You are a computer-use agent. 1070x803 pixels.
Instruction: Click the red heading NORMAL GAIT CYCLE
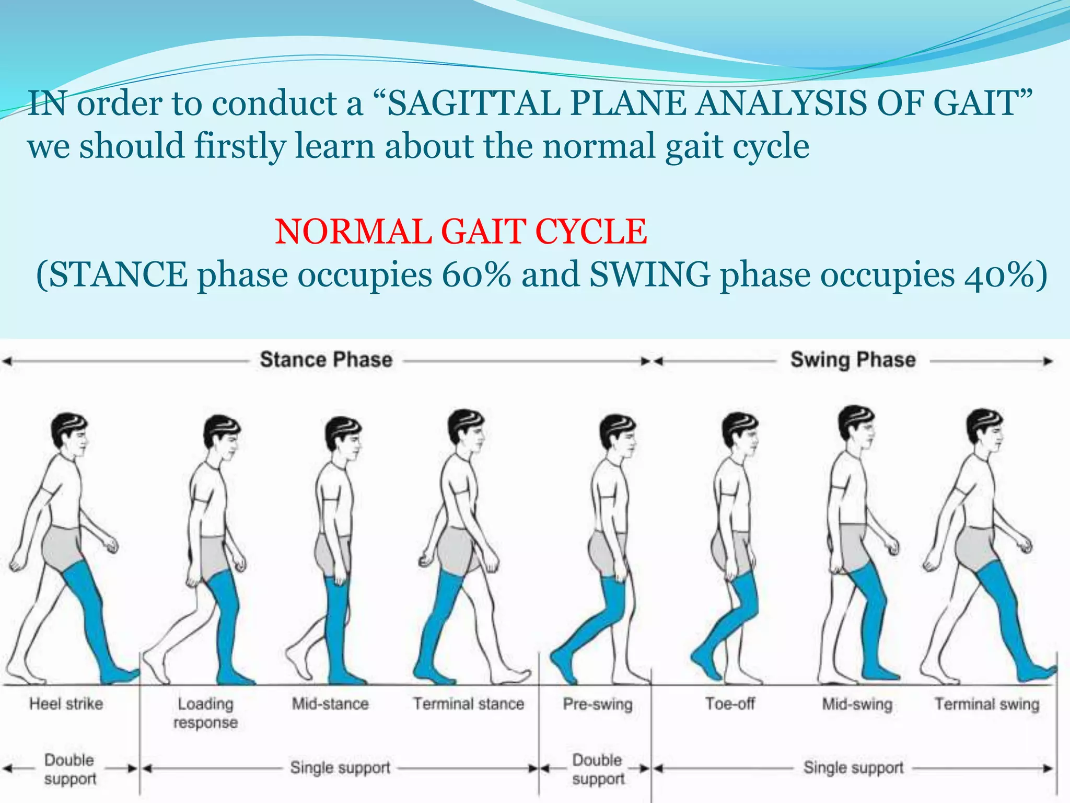(x=461, y=232)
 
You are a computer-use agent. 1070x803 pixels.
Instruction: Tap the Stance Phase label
(x=326, y=360)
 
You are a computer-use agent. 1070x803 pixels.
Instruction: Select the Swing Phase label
(x=853, y=360)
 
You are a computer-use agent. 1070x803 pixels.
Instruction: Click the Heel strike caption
(x=66, y=704)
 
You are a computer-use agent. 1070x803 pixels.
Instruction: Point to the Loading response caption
(x=205, y=713)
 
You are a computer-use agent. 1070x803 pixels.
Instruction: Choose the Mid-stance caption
(x=330, y=704)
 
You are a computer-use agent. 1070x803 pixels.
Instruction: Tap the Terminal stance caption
(x=469, y=704)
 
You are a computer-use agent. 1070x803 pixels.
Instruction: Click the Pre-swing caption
(x=598, y=704)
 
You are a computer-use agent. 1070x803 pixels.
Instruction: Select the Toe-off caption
(x=730, y=704)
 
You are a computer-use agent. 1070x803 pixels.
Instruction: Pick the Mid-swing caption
(x=857, y=704)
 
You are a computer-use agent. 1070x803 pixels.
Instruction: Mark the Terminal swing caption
(x=987, y=704)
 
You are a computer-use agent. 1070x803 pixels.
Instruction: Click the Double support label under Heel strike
(x=69, y=769)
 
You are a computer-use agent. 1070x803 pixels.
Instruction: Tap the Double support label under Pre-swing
(x=598, y=769)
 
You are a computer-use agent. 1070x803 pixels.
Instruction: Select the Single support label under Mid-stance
(x=340, y=767)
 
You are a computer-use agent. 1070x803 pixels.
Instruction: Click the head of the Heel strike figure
(x=70, y=434)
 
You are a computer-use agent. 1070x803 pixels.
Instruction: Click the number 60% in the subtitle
(x=476, y=274)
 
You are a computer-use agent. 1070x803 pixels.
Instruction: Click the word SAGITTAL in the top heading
(x=473, y=103)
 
